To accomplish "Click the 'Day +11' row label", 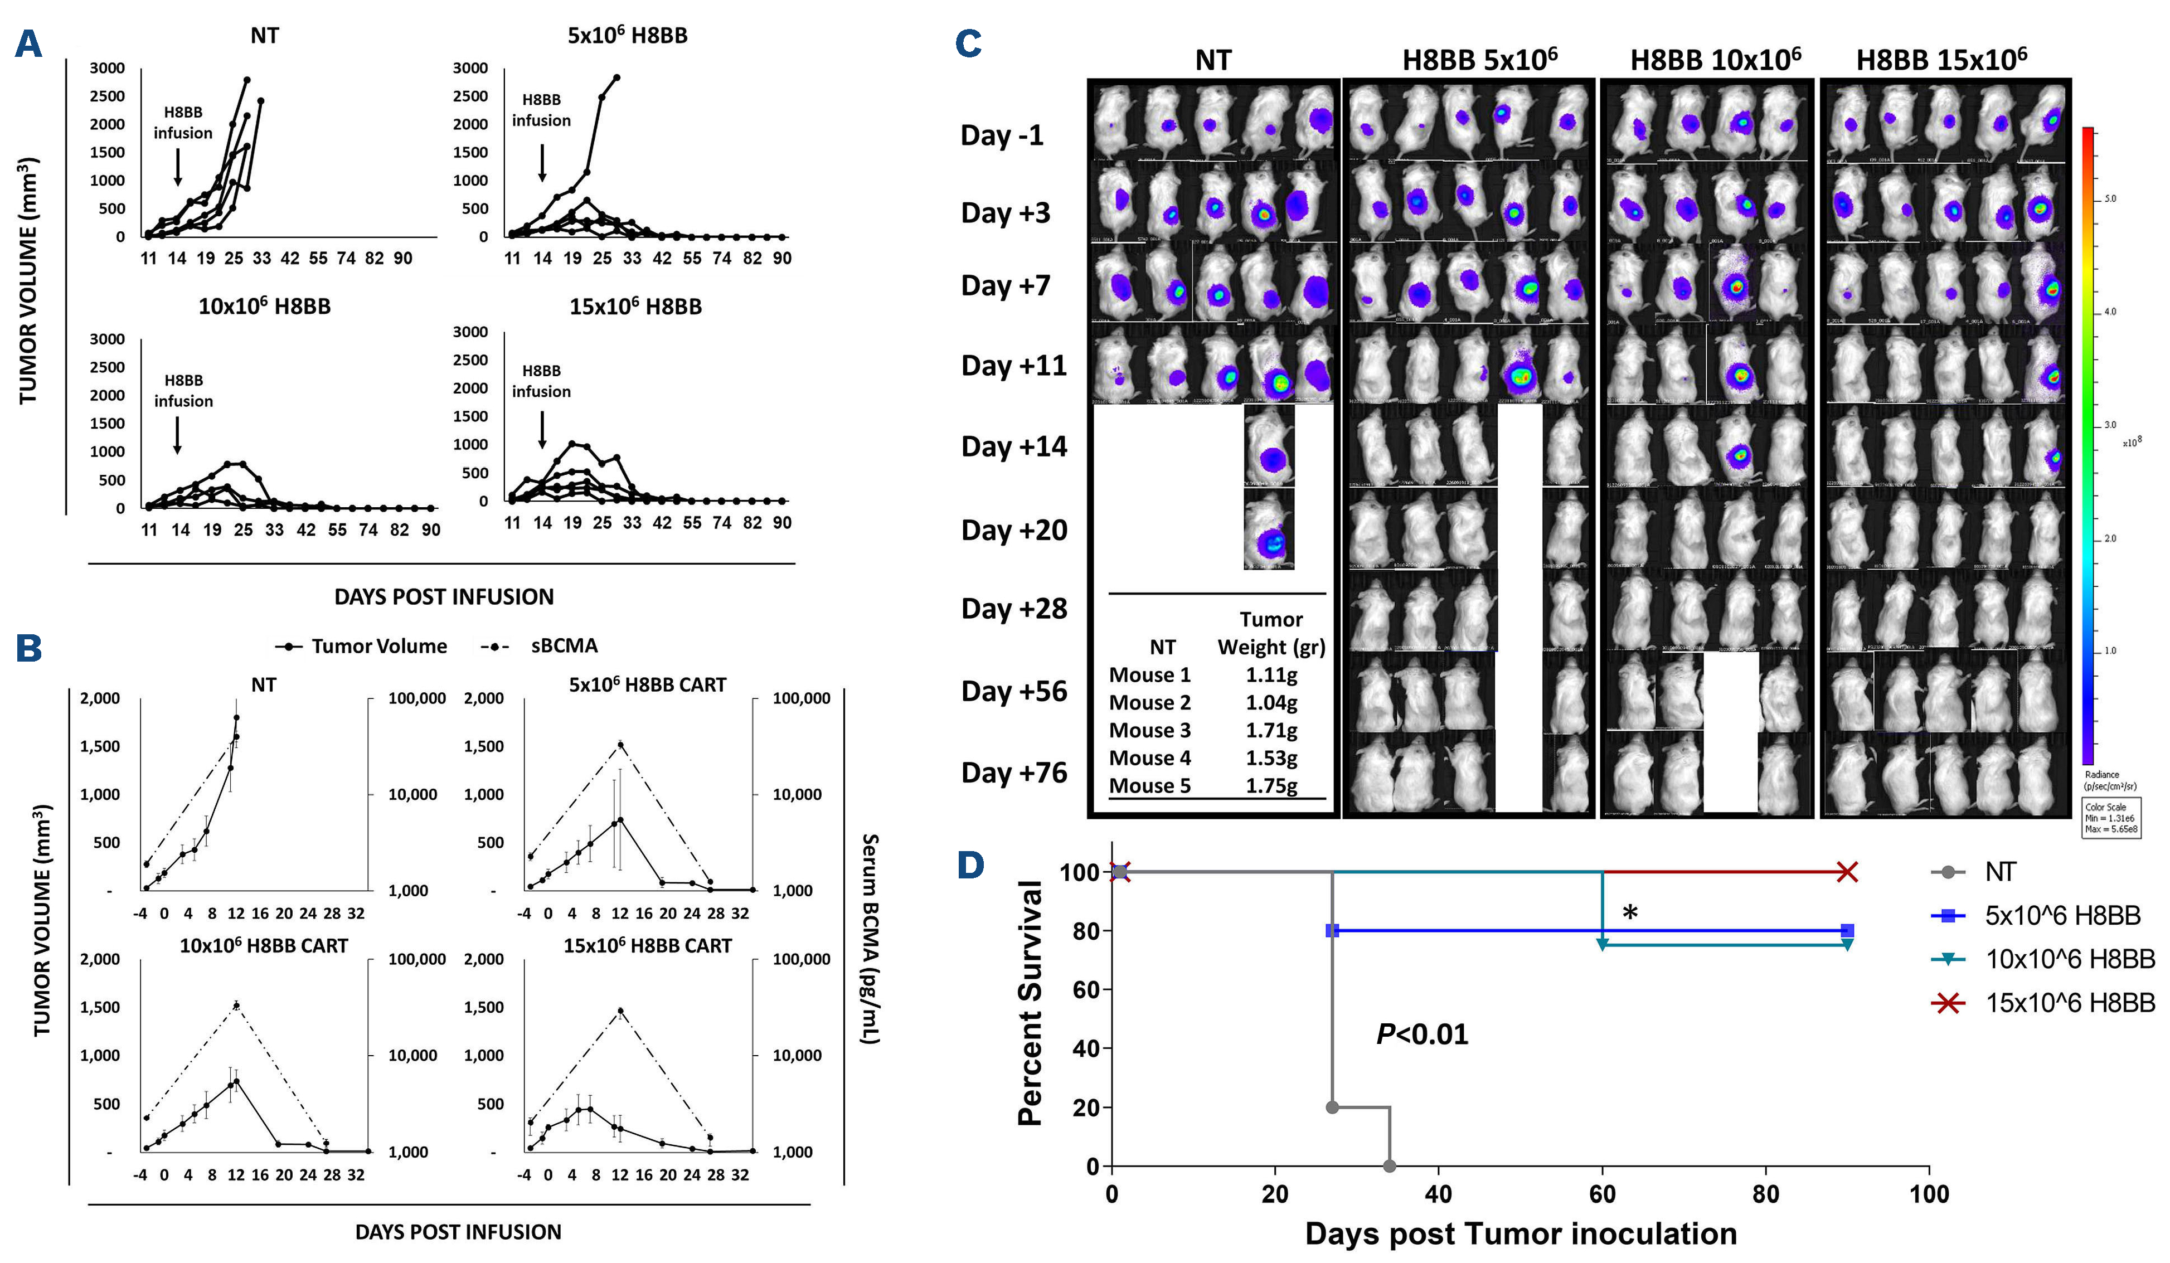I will tap(1013, 366).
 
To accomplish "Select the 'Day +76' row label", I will tap(1013, 773).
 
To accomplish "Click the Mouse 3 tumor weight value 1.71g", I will tap(1271, 730).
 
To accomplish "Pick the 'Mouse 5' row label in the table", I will tap(1149, 785).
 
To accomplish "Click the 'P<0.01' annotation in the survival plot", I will tap(1422, 1034).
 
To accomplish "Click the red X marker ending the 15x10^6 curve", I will tap(1846, 872).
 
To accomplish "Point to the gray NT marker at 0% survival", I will tap(1389, 1165).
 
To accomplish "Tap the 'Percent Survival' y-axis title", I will tap(1030, 1003).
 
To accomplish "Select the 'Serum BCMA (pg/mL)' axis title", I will tap(871, 939).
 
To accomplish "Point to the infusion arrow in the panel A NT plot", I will tap(177, 167).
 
